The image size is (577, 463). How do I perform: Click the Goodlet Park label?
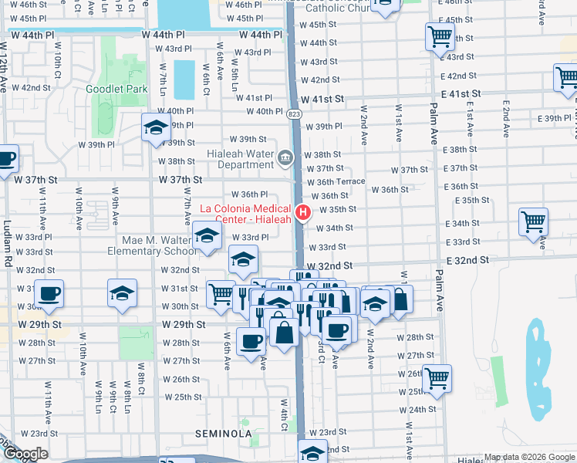[116, 89]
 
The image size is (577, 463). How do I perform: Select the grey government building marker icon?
[285, 159]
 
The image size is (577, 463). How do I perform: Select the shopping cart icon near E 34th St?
[533, 221]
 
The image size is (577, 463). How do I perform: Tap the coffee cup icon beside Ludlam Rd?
[6, 160]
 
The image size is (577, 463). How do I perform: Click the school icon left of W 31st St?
[122, 294]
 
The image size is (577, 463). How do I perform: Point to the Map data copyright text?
[529, 458]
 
